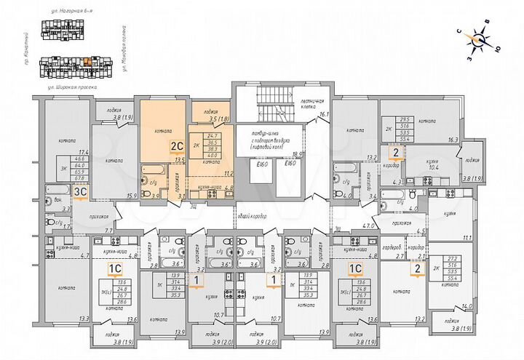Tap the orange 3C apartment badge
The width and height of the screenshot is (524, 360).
tap(82, 191)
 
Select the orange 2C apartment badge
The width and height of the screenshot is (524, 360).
tap(175, 145)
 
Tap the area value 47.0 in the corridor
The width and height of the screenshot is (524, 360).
tap(368, 226)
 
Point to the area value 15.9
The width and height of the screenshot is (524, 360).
tap(132, 196)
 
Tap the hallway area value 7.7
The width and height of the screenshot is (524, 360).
tap(108, 230)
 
